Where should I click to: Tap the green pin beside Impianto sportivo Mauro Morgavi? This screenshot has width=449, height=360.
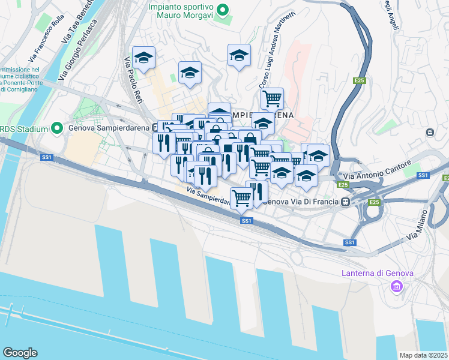click(223, 10)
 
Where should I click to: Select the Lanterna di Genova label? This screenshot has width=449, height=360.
click(378, 273)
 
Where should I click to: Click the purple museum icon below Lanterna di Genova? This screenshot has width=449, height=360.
click(396, 287)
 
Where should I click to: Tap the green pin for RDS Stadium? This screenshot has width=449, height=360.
click(57, 128)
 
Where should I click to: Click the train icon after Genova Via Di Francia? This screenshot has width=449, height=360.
click(346, 203)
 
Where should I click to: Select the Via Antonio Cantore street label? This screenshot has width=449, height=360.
click(377, 170)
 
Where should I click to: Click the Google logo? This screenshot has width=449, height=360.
click(20, 353)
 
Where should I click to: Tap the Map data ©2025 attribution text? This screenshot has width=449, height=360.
click(423, 355)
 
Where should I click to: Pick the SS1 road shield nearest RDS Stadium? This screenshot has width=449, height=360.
click(46, 157)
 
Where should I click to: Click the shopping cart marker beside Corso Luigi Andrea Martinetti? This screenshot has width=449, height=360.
click(273, 98)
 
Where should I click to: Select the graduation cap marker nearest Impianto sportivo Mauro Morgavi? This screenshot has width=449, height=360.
click(239, 56)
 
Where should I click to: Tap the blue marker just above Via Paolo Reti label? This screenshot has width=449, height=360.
click(144, 58)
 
